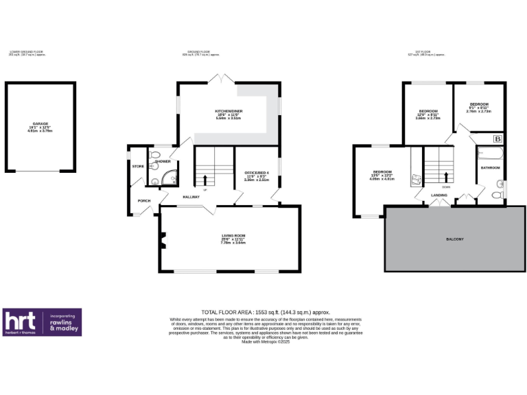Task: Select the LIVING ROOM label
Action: [233, 235]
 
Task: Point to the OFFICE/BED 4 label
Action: [252, 173]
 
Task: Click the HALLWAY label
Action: [190, 197]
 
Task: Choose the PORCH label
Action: [144, 200]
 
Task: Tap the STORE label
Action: [137, 167]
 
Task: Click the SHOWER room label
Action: [163, 161]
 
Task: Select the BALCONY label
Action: [455, 239]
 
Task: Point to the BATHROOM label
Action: [490, 167]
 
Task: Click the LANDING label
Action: [439, 195]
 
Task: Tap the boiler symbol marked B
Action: [497, 139]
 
